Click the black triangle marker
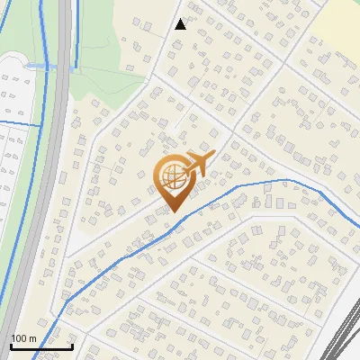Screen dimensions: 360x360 pyautogui.click(x=180, y=24)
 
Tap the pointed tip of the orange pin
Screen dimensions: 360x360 pyautogui.click(x=174, y=211)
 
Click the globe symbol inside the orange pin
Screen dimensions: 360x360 pyautogui.click(x=173, y=177)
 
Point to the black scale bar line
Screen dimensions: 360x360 pyautogui.click(x=41, y=346)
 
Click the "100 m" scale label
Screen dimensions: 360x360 pyautogui.click(x=23, y=338)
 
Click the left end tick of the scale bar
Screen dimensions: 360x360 pyautogui.click(x=11, y=346)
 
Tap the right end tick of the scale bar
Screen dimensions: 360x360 pyautogui.click(x=72, y=346)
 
